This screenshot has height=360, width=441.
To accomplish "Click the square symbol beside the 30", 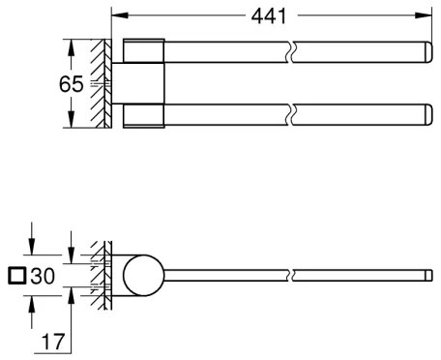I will pyautogui.click(x=15, y=276).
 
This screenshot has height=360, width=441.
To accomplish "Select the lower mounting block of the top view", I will pyautogui.click(x=145, y=114).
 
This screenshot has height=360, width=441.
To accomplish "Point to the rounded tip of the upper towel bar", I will pyautogui.click(x=426, y=50).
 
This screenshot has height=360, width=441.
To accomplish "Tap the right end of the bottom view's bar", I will pyautogui.click(x=427, y=276).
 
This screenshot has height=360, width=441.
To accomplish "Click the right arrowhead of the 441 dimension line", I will pyautogui.click(x=426, y=16).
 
